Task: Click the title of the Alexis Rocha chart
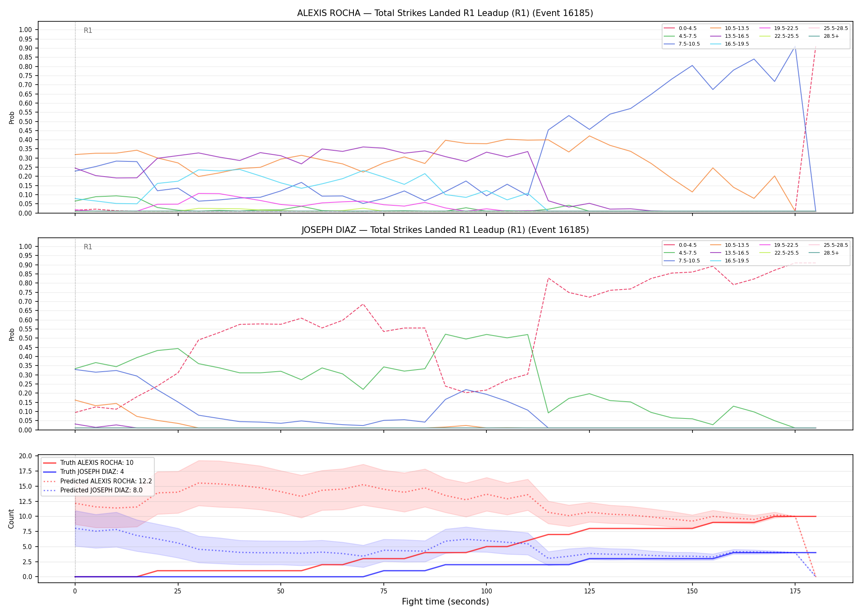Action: [x=445, y=13]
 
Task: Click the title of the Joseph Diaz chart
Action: [x=445, y=230]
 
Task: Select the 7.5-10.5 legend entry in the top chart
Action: [x=682, y=44]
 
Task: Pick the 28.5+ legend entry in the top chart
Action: [x=824, y=36]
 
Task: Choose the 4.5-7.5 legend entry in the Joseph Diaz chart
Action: [x=680, y=253]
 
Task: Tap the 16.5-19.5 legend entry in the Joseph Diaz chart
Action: [x=729, y=261]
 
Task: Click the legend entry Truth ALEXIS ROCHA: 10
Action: [x=88, y=463]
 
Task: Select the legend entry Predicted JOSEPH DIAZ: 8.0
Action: [x=93, y=490]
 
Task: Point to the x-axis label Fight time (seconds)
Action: [x=445, y=602]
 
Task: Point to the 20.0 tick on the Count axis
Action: [x=26, y=456]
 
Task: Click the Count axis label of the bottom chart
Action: [x=11, y=519]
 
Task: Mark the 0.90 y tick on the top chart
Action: [x=25, y=48]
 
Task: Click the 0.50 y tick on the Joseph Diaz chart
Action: [x=25, y=338]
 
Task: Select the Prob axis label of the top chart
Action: [x=12, y=117]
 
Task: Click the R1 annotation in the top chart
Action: [x=88, y=30]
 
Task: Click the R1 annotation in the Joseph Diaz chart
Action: [x=88, y=247]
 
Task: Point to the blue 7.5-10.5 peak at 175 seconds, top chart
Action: [x=795, y=46]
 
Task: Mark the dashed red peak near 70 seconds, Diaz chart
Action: [x=363, y=304]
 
